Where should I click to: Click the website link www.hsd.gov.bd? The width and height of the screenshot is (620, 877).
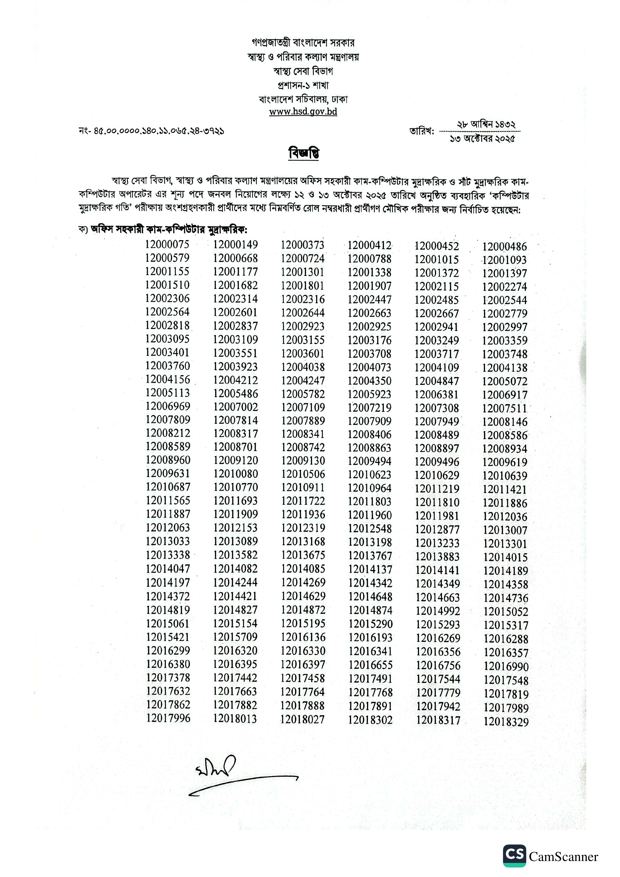coord(303,111)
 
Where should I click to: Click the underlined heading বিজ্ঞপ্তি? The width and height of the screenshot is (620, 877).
coord(304,153)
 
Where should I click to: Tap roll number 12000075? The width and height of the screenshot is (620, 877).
coord(167,244)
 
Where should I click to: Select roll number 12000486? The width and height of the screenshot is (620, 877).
coord(504,247)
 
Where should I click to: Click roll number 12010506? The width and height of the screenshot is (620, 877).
coord(303,474)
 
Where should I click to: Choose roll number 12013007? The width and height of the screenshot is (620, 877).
coord(505,530)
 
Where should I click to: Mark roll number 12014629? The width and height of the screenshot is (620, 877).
coord(303,596)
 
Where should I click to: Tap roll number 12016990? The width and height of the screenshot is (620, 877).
coord(506,667)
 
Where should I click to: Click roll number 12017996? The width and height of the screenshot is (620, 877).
coord(168,718)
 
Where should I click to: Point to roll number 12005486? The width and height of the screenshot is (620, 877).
coord(235,393)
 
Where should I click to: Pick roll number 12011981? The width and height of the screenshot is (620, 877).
coord(437,516)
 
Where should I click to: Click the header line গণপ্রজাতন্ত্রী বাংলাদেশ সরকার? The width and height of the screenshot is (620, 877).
coord(303,42)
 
